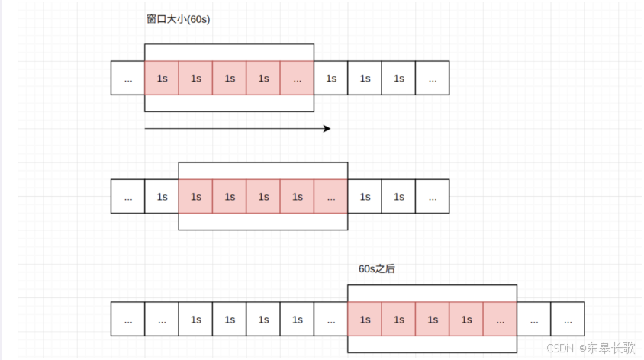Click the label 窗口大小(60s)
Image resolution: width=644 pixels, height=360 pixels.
point(179,19)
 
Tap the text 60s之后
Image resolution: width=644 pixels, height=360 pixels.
point(377,269)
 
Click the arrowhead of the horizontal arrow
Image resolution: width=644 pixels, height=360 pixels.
point(327,128)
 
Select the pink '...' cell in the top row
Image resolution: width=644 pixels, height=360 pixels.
point(297,78)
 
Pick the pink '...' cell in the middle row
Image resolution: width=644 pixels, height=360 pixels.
point(331,196)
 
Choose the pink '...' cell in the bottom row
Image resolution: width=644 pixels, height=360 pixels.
point(500,319)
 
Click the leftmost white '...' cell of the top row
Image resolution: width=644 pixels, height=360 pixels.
point(127,78)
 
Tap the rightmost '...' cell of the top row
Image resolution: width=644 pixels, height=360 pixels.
point(433,78)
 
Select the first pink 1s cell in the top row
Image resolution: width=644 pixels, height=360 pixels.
point(162,78)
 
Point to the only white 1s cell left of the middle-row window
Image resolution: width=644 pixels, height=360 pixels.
point(162,196)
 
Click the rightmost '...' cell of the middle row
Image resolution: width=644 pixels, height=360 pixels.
point(433,196)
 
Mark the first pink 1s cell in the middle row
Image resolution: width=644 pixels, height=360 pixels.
point(195,196)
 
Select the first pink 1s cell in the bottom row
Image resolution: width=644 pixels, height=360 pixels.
point(365,319)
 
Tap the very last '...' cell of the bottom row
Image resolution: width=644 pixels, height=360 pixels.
point(568,319)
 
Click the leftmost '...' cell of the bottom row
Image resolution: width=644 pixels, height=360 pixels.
point(127,319)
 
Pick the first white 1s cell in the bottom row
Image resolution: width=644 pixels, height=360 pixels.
point(195,319)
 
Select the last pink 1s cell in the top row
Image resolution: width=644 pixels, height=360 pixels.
point(263,78)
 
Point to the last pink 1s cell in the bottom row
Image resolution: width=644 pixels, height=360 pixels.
point(466,319)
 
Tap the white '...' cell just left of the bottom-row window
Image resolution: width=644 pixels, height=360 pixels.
point(331,319)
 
